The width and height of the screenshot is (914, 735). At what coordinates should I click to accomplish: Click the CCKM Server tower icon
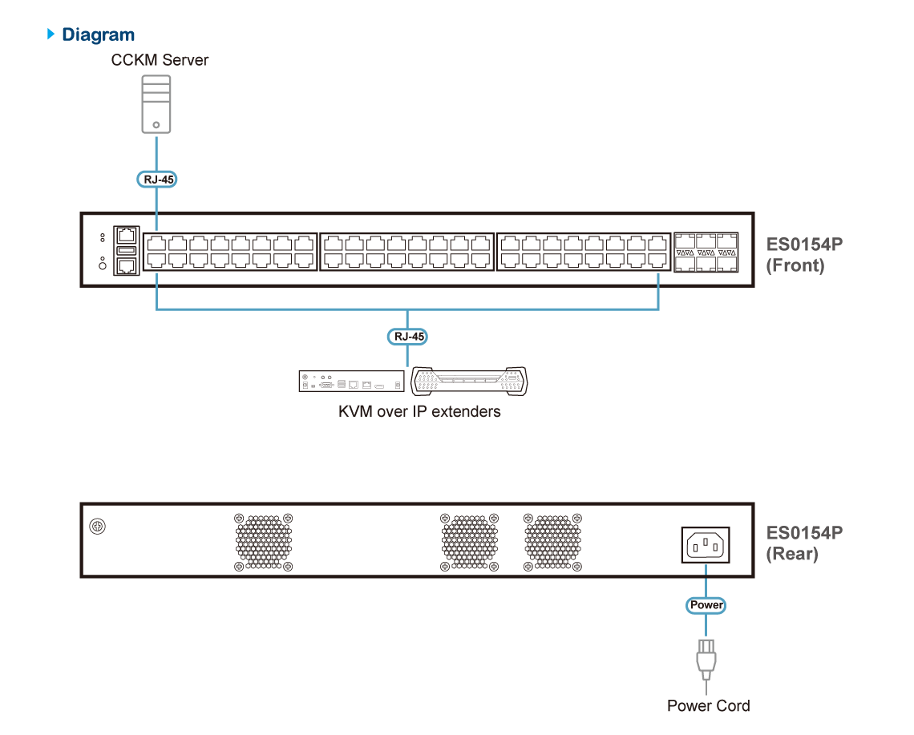156,104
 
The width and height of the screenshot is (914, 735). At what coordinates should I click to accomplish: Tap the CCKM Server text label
160,60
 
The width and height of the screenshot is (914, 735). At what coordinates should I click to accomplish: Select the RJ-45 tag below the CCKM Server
157,180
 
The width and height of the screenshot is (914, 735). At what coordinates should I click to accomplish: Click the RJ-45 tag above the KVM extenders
407,337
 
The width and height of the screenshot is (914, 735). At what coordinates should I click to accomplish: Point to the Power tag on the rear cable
706,605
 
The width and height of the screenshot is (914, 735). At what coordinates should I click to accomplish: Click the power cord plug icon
706,660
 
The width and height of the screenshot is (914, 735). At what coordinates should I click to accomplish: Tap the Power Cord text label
708,706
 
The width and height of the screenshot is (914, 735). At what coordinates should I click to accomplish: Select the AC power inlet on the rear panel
706,545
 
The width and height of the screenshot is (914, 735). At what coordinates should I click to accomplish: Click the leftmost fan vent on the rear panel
264,542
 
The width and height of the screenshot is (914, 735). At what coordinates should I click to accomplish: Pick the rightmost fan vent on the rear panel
552,542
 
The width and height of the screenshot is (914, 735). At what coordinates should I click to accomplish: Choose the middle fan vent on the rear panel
469,542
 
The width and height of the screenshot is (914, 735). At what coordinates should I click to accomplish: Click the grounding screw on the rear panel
97,527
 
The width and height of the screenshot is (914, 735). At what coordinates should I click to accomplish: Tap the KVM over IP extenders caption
419,411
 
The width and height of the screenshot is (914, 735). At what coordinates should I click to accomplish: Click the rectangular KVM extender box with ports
351,382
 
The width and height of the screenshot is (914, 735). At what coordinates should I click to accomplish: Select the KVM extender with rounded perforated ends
469,382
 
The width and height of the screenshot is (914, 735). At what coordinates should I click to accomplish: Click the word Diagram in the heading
98,35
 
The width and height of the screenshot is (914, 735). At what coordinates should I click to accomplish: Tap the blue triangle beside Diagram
51,34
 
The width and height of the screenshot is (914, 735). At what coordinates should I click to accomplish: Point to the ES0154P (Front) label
804,255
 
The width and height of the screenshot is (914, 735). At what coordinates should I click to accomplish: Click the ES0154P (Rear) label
804,543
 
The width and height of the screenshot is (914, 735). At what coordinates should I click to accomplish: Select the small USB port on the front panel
127,251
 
